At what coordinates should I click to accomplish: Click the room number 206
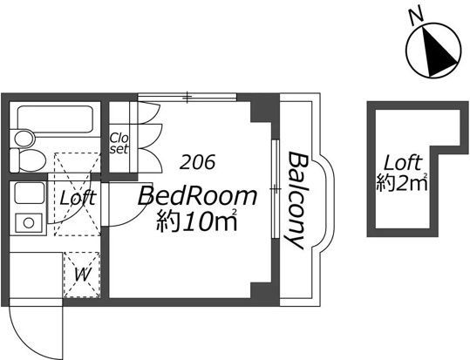pos(198,162)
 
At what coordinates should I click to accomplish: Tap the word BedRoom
pos(197,196)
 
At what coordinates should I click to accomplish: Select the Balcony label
pos(296,200)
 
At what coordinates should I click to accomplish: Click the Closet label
pos(119,144)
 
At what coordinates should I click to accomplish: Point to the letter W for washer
pos(82,275)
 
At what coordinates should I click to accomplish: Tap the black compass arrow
pos(438,51)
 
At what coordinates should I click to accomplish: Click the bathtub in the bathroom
pos(55,119)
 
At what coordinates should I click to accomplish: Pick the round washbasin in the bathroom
pos(24,139)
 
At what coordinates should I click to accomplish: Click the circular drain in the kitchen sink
pos(29,223)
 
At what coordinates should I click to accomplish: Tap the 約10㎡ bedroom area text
pos(197,221)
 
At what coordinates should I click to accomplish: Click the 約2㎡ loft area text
pos(402,182)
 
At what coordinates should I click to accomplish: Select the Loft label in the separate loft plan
pos(403,163)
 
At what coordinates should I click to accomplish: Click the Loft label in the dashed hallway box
pos(78,198)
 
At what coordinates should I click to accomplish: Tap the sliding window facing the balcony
pos(276,189)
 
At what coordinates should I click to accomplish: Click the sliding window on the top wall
pos(187,97)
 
